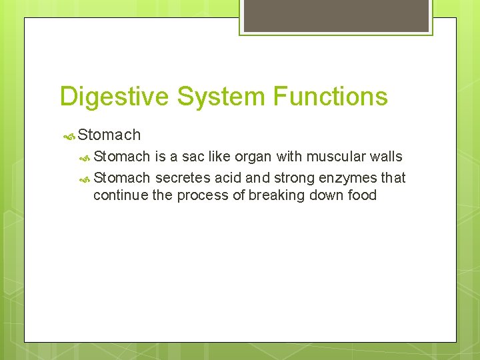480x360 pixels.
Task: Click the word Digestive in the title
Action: pyautogui.click(x=115, y=97)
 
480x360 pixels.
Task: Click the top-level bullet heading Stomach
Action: pyautogui.click(x=109, y=135)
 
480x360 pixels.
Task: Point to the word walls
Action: pyautogui.click(x=386, y=157)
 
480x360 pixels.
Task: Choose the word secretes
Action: pyautogui.click(x=183, y=177)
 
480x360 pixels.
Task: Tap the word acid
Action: pyautogui.click(x=228, y=177)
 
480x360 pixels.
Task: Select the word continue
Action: pyautogui.click(x=116, y=195)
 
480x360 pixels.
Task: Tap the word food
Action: pyautogui.click(x=361, y=195)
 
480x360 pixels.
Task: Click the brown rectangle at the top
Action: pyautogui.click(x=335, y=15)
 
